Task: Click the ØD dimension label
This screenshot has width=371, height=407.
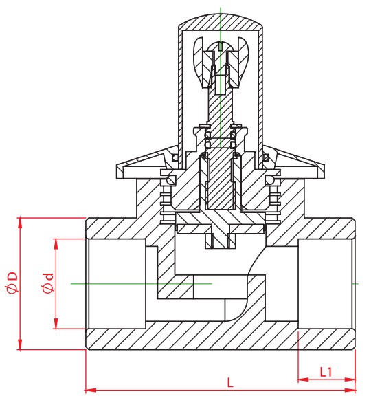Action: point(12,283)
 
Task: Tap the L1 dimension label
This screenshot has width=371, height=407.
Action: point(326,372)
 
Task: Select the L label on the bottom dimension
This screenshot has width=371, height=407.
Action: point(230,383)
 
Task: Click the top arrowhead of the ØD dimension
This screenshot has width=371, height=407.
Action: point(20,223)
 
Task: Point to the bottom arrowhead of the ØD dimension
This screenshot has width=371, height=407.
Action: point(20,344)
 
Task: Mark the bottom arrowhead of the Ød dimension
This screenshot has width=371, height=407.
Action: point(56,324)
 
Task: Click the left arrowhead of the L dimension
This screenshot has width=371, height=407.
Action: point(91,390)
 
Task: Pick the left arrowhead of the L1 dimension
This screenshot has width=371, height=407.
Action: point(303,380)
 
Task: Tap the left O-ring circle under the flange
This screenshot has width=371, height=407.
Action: point(171,180)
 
